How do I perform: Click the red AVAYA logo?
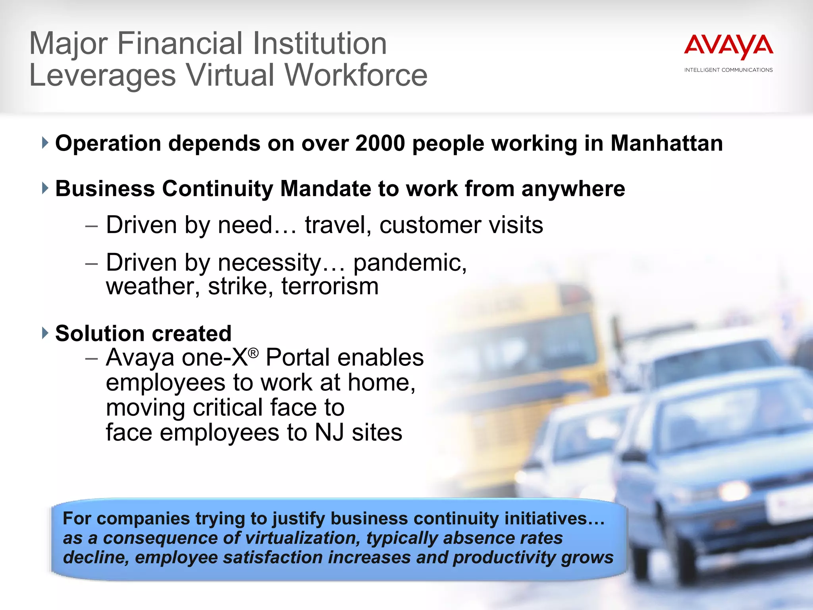[x=728, y=47]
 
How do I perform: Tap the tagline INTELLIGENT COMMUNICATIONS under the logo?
[x=728, y=70]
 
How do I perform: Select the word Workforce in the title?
[x=356, y=75]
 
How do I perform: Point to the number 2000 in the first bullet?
[x=380, y=143]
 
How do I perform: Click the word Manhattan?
[x=667, y=143]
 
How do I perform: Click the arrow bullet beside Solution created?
[x=45, y=333]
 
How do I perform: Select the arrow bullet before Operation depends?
[x=45, y=143]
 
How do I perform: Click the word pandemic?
[x=410, y=263]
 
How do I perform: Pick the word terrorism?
[x=330, y=286]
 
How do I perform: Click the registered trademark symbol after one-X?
[x=253, y=353]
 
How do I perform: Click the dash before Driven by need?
[x=91, y=226]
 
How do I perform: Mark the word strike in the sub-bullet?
[x=237, y=286]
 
